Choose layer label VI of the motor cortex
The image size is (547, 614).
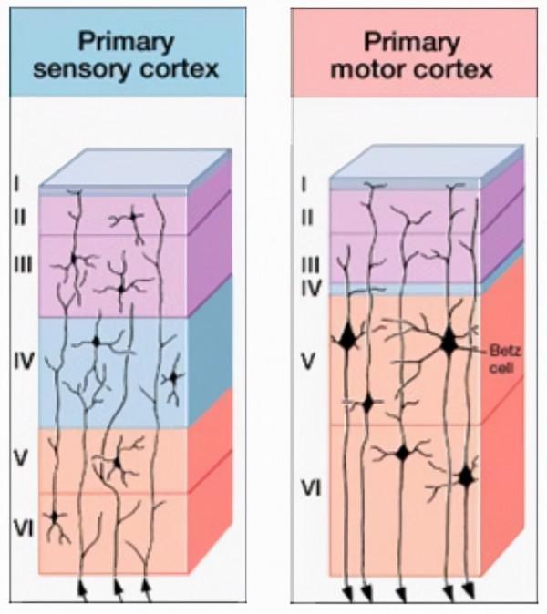(x=311, y=489)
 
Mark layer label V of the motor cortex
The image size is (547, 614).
(x=307, y=362)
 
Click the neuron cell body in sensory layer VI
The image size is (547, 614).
(x=55, y=517)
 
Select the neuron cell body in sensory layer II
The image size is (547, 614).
(x=133, y=219)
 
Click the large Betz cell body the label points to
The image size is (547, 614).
(x=449, y=343)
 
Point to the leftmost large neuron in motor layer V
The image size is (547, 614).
(x=347, y=338)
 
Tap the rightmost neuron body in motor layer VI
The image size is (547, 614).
(x=467, y=476)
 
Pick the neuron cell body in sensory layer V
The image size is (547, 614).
(x=118, y=464)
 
